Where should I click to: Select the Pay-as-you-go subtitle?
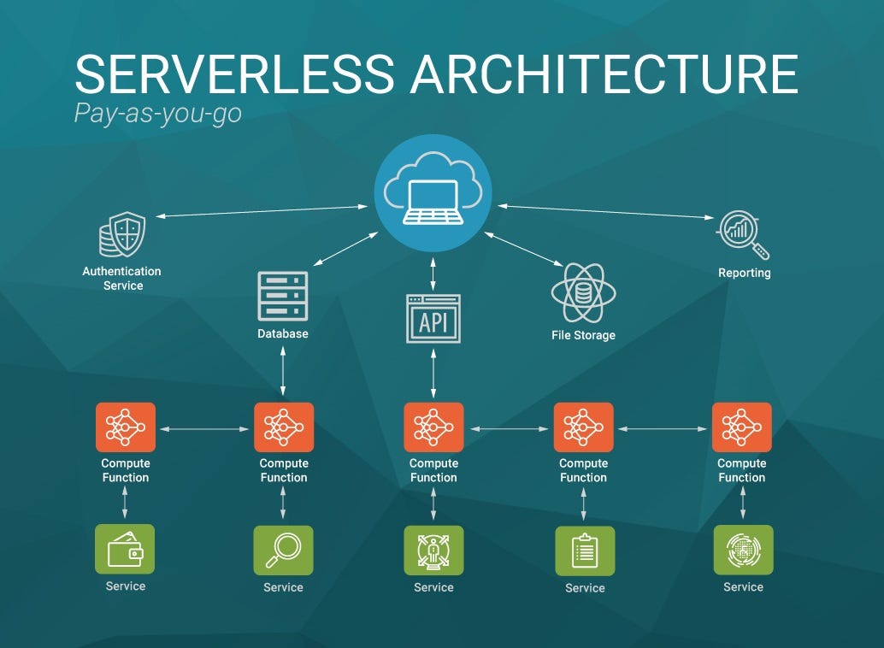coord(158,113)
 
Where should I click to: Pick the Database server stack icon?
coord(282,296)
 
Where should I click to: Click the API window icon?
coord(433,319)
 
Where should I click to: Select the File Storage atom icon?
coord(583,292)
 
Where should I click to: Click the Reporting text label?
coord(744,274)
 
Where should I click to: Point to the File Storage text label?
coord(583,335)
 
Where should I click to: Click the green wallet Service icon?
coord(126,550)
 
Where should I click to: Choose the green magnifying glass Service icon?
coord(283,550)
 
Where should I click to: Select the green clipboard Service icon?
coord(585,551)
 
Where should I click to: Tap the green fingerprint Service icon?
coord(743,550)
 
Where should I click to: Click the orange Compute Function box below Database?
coord(284,427)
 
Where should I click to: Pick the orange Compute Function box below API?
coord(433,427)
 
